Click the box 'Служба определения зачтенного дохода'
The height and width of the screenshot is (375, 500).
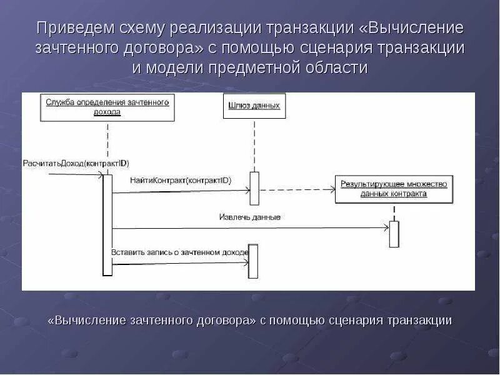107,107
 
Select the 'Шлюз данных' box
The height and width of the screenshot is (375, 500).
254,106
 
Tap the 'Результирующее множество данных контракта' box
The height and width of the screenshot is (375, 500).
394,189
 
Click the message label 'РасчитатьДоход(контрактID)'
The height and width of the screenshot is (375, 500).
76,163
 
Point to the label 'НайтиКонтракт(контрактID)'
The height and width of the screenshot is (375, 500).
181,181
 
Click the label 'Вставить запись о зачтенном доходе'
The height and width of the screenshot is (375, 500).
180,252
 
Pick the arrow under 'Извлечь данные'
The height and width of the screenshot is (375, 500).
250,227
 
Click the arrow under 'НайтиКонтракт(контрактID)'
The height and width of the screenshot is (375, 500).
181,192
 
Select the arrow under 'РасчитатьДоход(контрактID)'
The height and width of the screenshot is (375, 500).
75,174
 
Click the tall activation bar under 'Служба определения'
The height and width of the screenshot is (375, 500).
107,225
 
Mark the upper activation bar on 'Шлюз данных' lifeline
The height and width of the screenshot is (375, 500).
254,187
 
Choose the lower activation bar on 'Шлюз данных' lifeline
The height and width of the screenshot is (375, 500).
253,261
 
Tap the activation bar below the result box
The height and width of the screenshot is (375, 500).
394,234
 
